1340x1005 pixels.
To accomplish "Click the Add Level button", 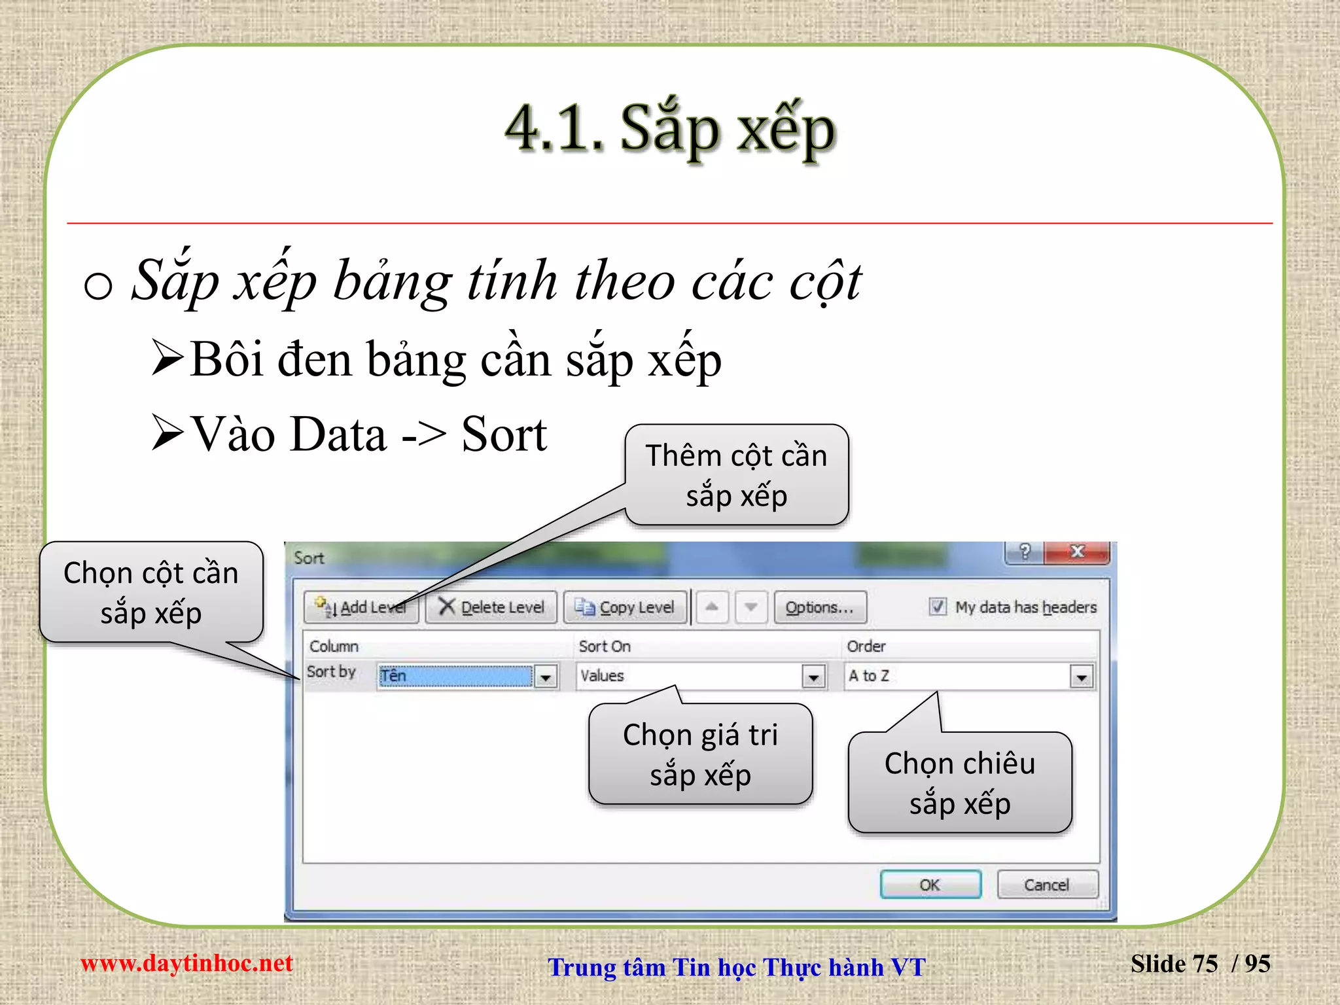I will click(x=362, y=607).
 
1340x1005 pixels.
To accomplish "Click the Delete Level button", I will click(x=491, y=607).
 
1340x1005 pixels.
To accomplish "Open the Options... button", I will click(x=820, y=607).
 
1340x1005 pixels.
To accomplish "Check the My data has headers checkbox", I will click(x=938, y=607).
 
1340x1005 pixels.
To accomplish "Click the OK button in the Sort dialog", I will click(x=930, y=885).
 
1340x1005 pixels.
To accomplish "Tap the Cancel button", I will click(x=1046, y=885).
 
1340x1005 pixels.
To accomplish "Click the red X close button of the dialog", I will click(x=1076, y=552).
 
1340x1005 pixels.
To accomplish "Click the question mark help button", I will click(x=1025, y=552).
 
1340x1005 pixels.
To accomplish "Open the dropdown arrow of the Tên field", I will click(x=546, y=677).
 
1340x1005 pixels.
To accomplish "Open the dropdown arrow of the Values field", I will click(x=813, y=677).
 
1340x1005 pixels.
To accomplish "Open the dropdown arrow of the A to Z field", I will click(x=1082, y=677).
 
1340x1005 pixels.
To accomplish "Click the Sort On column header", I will click(x=605, y=646).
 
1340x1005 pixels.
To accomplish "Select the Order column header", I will click(x=866, y=646).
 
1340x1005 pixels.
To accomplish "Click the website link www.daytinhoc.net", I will click(x=186, y=963).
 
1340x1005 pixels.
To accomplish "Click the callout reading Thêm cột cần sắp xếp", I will click(x=736, y=475).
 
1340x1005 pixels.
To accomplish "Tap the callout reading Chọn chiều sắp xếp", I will click(x=959, y=783).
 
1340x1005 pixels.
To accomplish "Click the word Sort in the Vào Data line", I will click(x=504, y=434).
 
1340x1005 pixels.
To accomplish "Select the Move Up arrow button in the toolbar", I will click(x=712, y=607).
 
